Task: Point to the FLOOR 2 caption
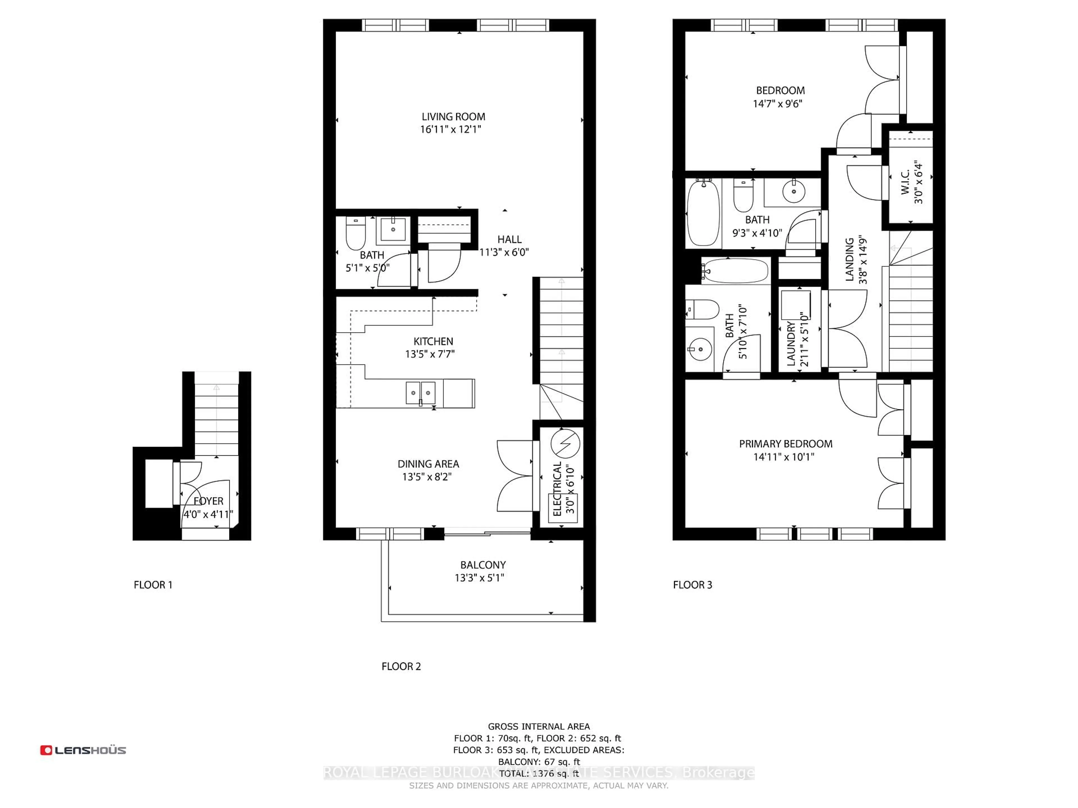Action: pyautogui.click(x=401, y=666)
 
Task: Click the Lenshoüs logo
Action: pyautogui.click(x=83, y=750)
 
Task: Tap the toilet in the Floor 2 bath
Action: pyautogui.click(x=355, y=234)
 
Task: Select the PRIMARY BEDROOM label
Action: pyautogui.click(x=785, y=444)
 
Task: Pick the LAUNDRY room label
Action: pyautogui.click(x=791, y=343)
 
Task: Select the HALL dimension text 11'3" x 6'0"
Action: pyautogui.click(x=504, y=252)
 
